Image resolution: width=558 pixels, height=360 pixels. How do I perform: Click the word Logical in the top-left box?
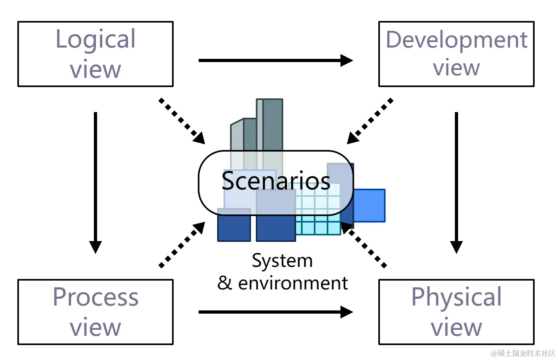(95, 40)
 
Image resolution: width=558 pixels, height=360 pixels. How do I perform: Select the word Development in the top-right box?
(456, 40)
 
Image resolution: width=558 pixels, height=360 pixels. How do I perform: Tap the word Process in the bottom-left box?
(95, 298)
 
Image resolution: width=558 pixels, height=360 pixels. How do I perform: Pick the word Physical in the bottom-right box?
(456, 298)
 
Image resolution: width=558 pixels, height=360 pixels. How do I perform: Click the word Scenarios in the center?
(276, 181)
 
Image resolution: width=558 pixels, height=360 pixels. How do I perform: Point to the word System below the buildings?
(282, 261)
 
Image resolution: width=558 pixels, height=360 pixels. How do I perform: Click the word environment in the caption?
(293, 283)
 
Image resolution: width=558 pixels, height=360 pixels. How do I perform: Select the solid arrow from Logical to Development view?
(276, 60)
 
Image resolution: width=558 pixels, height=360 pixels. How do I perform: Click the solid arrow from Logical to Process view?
(95, 181)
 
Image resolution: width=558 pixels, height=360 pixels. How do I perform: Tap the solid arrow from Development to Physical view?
(456, 181)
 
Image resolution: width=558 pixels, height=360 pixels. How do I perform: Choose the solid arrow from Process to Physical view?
(276, 312)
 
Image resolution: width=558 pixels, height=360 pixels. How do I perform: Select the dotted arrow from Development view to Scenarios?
(370, 121)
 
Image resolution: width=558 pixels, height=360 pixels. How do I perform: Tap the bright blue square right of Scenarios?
(369, 206)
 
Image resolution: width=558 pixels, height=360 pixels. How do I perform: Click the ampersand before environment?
(224, 283)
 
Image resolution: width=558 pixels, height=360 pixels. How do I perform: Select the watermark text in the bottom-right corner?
(523, 354)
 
